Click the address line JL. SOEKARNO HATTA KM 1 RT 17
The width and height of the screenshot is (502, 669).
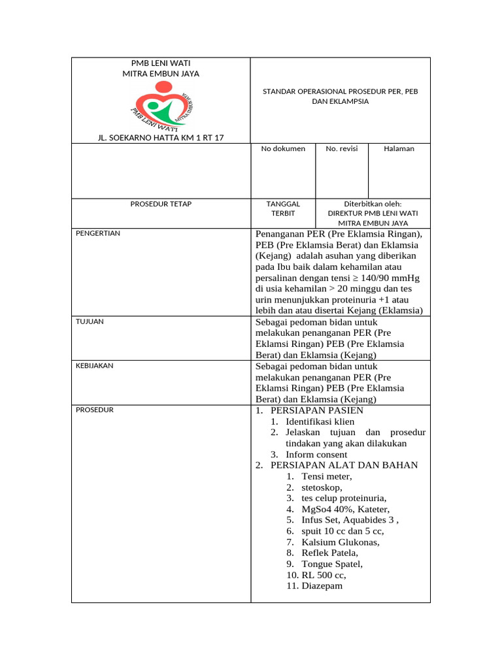[x=161, y=137]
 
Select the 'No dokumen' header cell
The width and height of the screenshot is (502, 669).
[x=283, y=149]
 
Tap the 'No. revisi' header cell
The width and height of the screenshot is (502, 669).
[x=342, y=149]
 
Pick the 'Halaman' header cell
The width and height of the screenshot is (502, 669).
[x=399, y=149]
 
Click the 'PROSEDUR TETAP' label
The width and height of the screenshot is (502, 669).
[x=161, y=204]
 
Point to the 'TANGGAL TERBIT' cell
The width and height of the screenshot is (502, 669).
[x=283, y=208]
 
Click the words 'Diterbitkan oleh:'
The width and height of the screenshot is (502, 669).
[x=373, y=204]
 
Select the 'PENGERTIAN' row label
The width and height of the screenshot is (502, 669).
[x=98, y=233]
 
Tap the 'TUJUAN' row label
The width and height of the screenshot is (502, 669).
[x=90, y=321]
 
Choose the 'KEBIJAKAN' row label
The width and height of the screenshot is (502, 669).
[x=95, y=366]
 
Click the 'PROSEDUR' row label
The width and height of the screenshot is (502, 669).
[x=95, y=410]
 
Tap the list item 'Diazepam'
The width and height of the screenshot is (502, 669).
[x=322, y=586]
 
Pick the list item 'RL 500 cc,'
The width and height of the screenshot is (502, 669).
[x=324, y=575]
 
